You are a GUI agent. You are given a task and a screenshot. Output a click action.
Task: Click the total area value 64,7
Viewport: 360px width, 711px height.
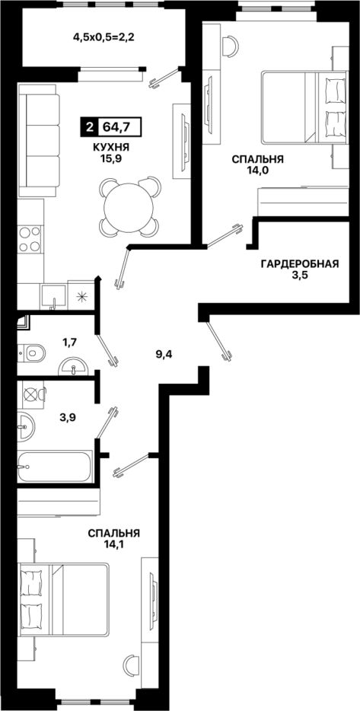click(x=116, y=126)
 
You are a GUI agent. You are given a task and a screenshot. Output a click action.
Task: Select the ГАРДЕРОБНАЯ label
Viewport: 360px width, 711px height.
click(x=300, y=264)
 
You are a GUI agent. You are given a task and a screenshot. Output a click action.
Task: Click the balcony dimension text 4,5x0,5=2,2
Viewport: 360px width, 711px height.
click(x=105, y=37)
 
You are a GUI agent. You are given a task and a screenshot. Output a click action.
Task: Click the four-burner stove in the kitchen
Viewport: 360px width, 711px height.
click(x=30, y=240)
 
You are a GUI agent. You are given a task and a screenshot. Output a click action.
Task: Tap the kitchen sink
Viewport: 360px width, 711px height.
click(x=54, y=297)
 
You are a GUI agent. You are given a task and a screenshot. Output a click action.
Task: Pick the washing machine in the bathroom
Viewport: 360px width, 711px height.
click(x=31, y=394)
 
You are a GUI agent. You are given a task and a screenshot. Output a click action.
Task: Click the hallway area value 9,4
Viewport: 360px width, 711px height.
click(x=163, y=354)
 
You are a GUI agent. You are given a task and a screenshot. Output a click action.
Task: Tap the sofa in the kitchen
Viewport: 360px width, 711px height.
click(x=39, y=141)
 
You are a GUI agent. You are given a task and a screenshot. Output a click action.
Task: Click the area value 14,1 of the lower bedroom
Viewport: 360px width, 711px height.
click(x=114, y=543)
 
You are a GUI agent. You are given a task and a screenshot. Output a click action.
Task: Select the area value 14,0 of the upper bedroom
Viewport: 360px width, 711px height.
click(x=257, y=170)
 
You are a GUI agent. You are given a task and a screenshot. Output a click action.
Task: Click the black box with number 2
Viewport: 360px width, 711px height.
click(x=88, y=126)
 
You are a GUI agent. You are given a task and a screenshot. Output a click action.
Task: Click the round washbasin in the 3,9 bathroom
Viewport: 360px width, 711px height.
click(x=26, y=427)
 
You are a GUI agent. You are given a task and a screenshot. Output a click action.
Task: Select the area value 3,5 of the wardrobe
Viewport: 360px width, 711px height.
click(x=300, y=276)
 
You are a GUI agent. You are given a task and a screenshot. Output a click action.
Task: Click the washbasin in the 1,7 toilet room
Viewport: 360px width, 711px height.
click(x=73, y=366)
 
